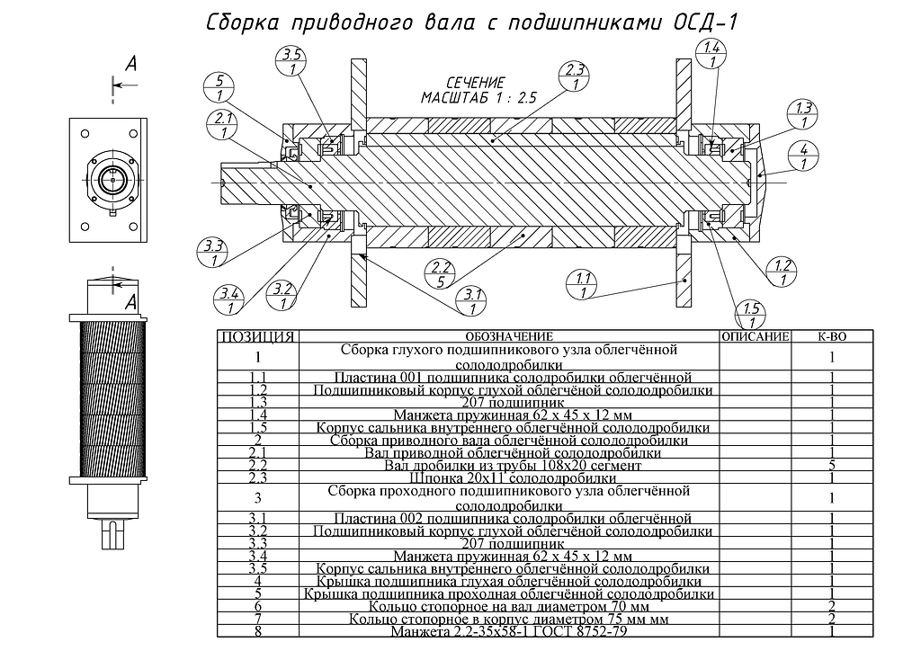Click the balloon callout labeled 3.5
[292, 61]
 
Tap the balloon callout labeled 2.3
[575, 76]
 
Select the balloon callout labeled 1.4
[712, 54]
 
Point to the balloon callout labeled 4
[803, 156]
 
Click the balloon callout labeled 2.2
[441, 274]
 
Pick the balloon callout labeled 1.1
[582, 285]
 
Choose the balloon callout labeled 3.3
[212, 252]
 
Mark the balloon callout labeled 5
[219, 87]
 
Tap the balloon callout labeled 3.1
[472, 300]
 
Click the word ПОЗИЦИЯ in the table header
[258, 337]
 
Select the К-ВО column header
[832, 337]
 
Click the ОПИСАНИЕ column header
[756, 337]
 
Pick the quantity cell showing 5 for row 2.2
[832, 466]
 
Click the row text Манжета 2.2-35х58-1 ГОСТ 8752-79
[509, 631]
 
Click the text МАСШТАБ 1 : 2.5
[478, 97]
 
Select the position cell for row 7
[258, 619]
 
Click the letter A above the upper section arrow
[131, 64]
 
